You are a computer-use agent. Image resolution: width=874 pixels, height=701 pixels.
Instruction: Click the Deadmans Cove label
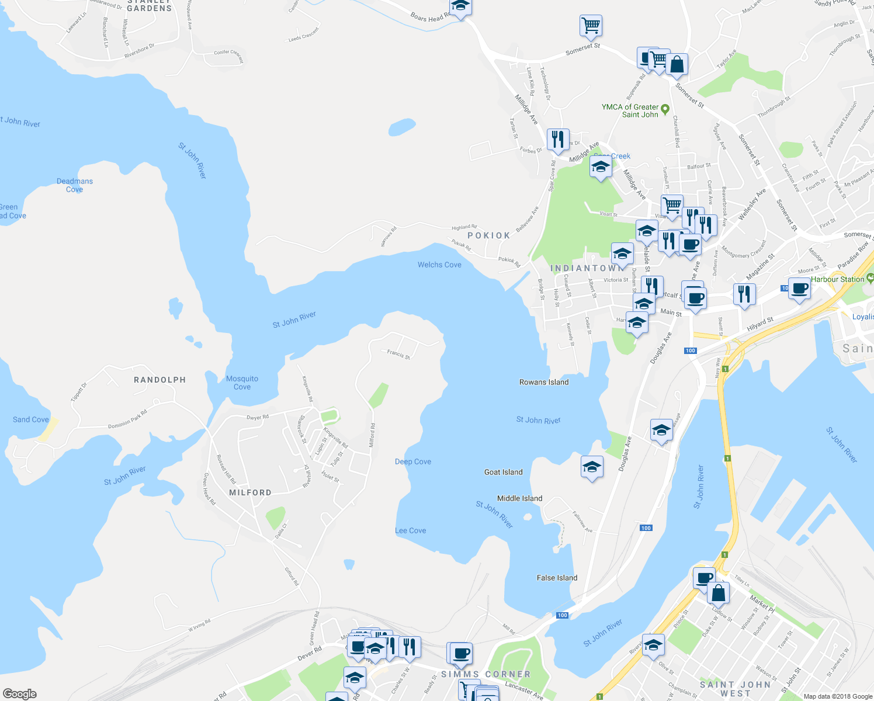click(x=75, y=185)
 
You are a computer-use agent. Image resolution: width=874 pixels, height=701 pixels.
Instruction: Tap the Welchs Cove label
click(x=439, y=265)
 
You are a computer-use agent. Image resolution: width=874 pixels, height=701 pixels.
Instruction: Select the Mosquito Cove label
click(x=242, y=383)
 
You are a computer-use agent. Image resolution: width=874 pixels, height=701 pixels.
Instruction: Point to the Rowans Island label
click(x=544, y=382)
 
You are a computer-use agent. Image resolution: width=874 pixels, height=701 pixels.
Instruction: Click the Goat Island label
click(x=503, y=472)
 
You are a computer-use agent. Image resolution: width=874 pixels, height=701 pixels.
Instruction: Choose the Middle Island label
click(x=519, y=498)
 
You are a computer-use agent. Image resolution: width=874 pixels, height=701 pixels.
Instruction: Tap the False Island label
click(x=557, y=578)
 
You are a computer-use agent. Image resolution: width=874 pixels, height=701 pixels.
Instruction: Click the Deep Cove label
click(x=413, y=461)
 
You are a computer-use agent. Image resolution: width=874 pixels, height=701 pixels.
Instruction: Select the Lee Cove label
click(x=411, y=530)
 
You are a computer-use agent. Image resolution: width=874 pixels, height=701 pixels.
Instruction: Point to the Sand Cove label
click(x=31, y=419)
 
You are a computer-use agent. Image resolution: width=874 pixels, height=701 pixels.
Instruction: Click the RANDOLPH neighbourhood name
click(x=159, y=380)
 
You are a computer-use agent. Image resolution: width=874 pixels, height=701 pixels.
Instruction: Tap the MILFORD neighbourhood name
click(x=250, y=492)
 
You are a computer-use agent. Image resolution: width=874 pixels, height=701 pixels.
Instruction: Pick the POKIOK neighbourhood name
click(x=489, y=235)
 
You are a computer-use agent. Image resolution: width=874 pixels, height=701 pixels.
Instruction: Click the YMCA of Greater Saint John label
click(x=630, y=111)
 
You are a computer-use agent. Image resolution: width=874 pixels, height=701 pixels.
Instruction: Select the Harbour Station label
click(x=837, y=279)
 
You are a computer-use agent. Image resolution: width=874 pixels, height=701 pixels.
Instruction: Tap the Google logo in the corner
click(x=20, y=694)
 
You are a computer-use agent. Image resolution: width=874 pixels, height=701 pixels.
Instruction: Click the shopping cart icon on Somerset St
click(x=591, y=25)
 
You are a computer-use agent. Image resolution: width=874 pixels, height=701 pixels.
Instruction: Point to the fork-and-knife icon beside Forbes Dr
click(x=558, y=139)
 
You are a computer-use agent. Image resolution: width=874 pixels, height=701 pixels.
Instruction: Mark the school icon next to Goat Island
click(x=592, y=467)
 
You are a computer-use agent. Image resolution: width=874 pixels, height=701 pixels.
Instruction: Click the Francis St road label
click(x=398, y=354)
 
